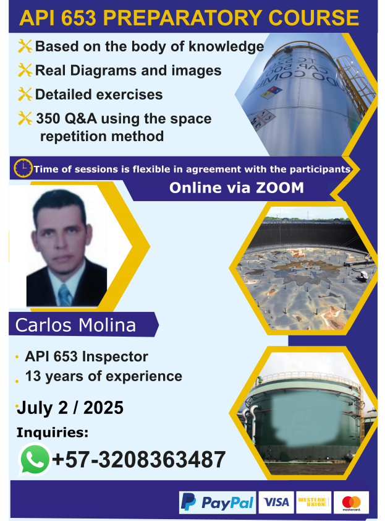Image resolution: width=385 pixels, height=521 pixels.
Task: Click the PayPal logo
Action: pos(218,502)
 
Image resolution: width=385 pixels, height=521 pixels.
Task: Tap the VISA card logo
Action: pos(276,502)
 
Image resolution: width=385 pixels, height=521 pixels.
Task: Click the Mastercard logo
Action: pos(351,502)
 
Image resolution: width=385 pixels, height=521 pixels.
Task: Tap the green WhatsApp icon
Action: pos(35,460)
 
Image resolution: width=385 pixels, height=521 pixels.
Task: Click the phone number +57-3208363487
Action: pos(138,460)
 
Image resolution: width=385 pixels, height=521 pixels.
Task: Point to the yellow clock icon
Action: pos(23,168)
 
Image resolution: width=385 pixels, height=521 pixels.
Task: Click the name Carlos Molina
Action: pos(75,325)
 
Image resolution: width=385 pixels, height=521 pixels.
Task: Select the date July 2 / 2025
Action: pos(70,408)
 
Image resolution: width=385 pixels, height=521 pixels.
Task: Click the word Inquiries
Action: pos(53,433)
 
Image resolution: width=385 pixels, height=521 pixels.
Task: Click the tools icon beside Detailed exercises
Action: pos(25,95)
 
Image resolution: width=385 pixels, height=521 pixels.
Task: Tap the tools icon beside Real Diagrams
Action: pos(25,70)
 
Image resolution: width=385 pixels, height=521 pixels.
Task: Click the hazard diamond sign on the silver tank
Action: pos(271,93)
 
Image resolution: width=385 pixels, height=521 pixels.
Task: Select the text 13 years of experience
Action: pos(104,376)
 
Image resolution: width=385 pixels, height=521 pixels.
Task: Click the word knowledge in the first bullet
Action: pos(226,46)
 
